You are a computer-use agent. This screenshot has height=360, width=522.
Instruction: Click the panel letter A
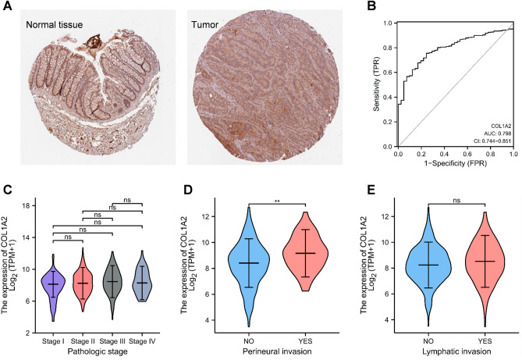pyautogui.click(x=6, y=6)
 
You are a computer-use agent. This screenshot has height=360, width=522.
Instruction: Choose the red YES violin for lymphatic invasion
pyautogui.click(x=479, y=262)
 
